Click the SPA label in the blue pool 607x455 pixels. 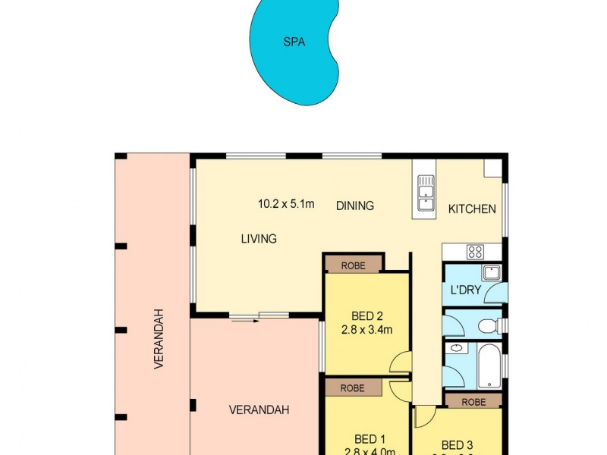pyautogui.click(x=294, y=42)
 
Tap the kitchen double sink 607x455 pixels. pyautogui.click(x=426, y=193)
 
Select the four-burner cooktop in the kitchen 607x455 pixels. pyautogui.click(x=475, y=252)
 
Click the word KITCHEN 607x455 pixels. pyautogui.click(x=472, y=209)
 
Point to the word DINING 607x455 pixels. pyautogui.click(x=355, y=206)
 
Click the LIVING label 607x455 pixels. pyautogui.click(x=259, y=239)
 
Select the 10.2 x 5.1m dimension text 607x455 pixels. pyautogui.click(x=286, y=203)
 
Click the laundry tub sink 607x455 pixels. pyautogui.click(x=491, y=273)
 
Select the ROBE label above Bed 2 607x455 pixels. pyautogui.click(x=353, y=265)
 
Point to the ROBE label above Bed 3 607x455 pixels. pyautogui.click(x=473, y=401)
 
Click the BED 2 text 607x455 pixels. pyautogui.click(x=367, y=316)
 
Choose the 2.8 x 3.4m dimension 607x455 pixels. pyautogui.click(x=367, y=330)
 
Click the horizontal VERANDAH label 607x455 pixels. pyautogui.click(x=259, y=410)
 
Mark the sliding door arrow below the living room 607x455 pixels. pyautogui.click(x=244, y=320)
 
